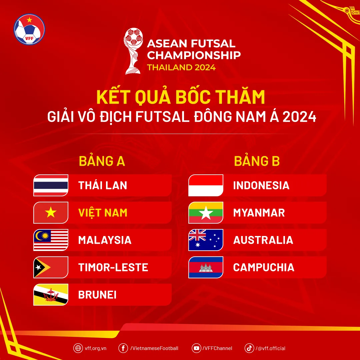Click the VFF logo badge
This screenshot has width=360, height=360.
click(x=29, y=29)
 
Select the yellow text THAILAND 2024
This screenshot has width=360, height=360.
click(x=181, y=67)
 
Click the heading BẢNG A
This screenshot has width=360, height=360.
click(x=102, y=161)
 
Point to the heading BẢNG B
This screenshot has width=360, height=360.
click(x=257, y=161)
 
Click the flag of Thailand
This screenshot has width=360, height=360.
click(x=51, y=185)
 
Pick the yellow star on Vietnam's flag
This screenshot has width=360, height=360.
click(x=51, y=213)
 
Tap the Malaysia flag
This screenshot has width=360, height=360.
click(x=51, y=240)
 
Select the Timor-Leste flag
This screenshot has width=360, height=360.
click(x=51, y=267)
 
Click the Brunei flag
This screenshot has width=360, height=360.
click(x=51, y=295)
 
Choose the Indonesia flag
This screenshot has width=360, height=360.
click(x=206, y=185)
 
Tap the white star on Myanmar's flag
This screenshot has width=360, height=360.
click(x=206, y=213)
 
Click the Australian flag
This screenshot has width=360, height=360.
click(x=206, y=240)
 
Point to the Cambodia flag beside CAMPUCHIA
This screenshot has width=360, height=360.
click(x=206, y=267)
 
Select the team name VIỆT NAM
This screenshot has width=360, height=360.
click(x=103, y=213)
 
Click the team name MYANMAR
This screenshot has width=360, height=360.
click(x=259, y=213)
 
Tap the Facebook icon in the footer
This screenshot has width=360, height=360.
click(x=123, y=348)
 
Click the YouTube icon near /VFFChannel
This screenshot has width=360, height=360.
click(x=197, y=348)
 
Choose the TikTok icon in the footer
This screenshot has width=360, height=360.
click(x=249, y=348)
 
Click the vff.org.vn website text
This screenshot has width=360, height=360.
click(x=96, y=348)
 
